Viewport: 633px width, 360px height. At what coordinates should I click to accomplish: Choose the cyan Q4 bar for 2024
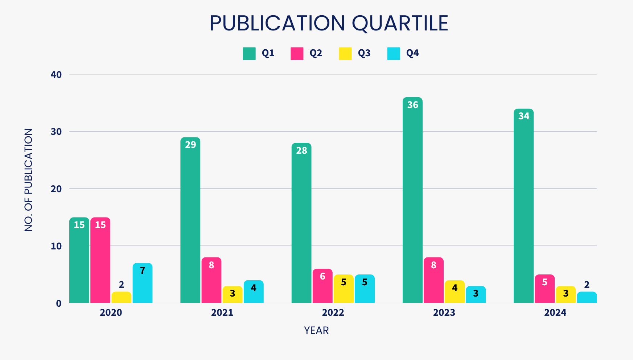[587, 297]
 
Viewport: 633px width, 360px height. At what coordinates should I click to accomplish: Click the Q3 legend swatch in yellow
[345, 54]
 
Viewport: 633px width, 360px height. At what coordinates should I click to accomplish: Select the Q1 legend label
[268, 53]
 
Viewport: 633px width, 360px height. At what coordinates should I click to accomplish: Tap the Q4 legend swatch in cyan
[394, 54]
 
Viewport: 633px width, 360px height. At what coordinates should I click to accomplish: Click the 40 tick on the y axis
[56, 75]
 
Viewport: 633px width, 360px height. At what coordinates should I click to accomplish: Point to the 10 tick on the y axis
[56, 246]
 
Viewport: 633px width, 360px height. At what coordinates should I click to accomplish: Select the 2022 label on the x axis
[333, 313]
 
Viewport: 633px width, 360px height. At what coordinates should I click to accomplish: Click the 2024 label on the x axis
[555, 313]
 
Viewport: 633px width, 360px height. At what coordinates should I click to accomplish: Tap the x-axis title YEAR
[316, 331]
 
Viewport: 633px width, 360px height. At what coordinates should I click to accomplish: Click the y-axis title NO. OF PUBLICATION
[28, 180]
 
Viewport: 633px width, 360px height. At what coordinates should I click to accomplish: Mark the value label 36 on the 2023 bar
[412, 105]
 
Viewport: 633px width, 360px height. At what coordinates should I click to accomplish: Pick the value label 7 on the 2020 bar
[143, 270]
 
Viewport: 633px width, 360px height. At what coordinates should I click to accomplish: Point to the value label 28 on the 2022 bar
[301, 150]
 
